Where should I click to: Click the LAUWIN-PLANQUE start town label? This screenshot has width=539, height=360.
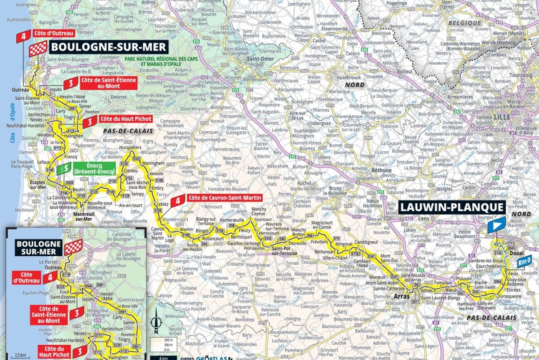[x=452, y=207]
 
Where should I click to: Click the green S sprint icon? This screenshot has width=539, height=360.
[x=63, y=169]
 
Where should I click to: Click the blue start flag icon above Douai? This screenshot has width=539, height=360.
[x=497, y=225]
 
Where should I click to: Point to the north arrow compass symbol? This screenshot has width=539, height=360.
[x=155, y=323]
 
